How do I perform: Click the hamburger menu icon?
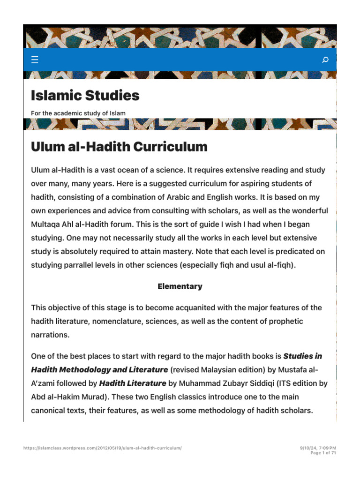point(35,60)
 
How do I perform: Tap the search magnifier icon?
point(325,60)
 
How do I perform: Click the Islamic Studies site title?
point(85,96)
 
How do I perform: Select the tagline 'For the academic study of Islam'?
point(78,113)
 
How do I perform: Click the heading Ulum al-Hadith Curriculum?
point(119,147)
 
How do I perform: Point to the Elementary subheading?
point(180,286)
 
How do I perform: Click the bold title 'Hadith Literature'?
point(133,383)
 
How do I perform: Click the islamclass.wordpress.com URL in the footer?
point(102,448)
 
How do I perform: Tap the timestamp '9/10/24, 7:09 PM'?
point(318,448)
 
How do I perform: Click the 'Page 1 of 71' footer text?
point(323,453)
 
